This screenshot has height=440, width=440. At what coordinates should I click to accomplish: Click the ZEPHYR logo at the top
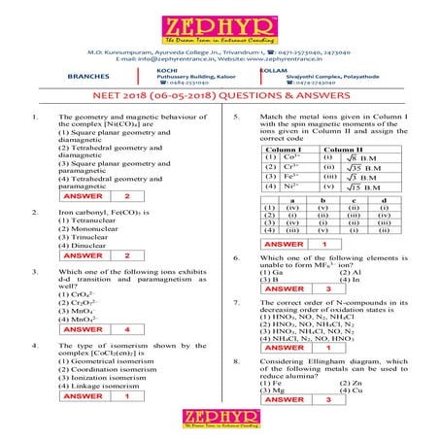pos(219,27)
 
